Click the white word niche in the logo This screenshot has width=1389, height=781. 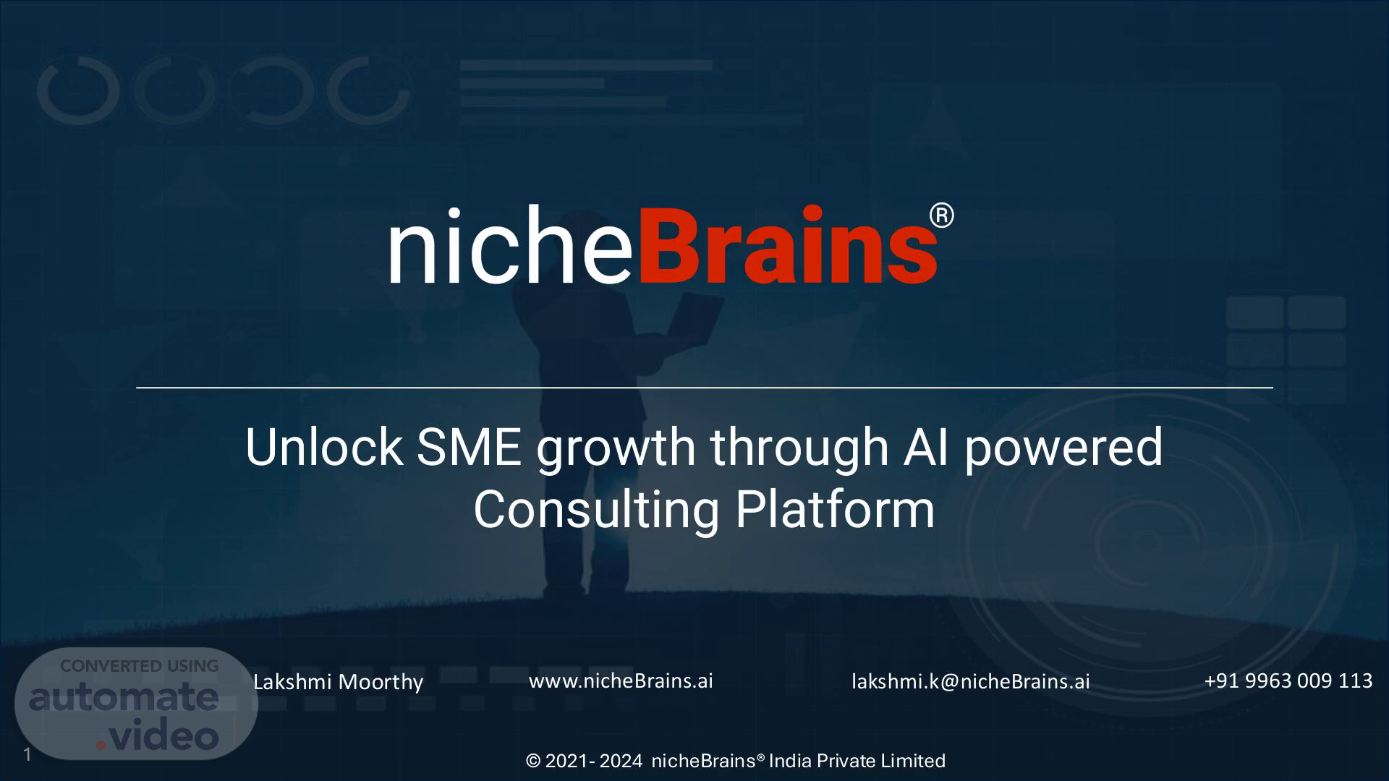pos(511,245)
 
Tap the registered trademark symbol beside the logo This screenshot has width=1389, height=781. pos(941,216)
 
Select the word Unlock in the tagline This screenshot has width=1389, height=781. pos(323,447)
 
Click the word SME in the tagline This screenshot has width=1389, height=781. pos(469,447)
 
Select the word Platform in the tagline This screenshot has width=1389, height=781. pos(835,509)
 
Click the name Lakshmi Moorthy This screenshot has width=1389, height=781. pos(338,682)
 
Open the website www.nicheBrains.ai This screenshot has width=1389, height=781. pos(621,680)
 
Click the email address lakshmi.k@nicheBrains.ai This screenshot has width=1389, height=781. pos(970,681)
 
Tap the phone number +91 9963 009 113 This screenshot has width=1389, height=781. pos(1288,680)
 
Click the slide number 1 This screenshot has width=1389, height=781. pos(27,755)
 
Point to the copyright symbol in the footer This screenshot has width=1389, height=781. pos(534,761)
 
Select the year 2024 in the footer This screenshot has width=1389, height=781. pos(621,761)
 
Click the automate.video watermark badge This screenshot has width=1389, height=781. pos(136,704)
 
